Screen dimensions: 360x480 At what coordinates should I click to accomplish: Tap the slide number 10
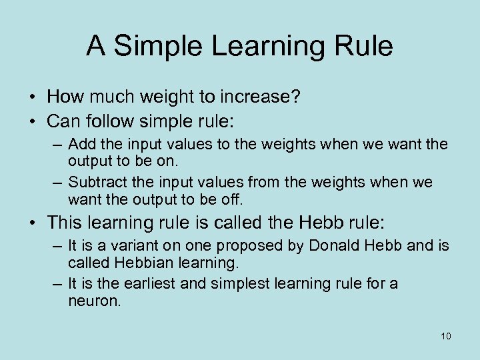coord(445,335)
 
